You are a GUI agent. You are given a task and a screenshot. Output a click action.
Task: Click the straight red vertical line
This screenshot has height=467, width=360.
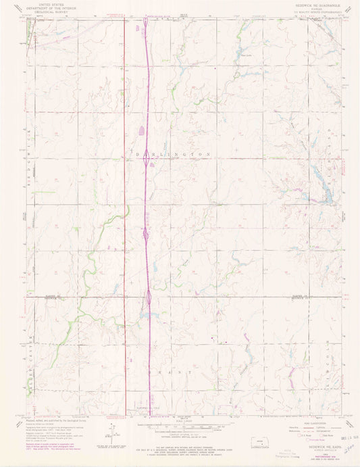click(x=125, y=203)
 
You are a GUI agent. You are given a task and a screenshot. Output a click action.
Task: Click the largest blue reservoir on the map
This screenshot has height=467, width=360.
click(x=326, y=196)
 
